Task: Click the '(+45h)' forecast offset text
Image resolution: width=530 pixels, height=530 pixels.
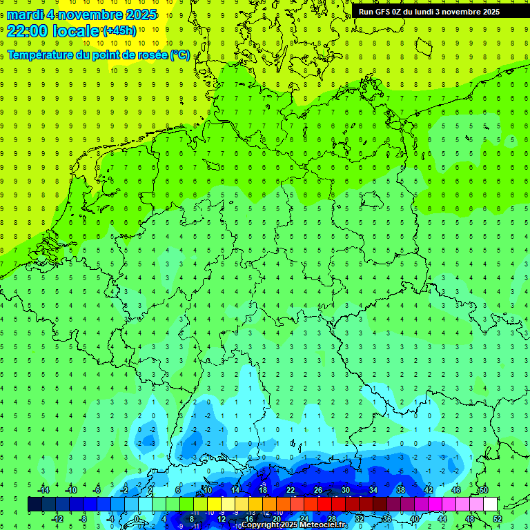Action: coord(119,31)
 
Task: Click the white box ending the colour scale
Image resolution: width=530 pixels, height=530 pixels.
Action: coord(490,504)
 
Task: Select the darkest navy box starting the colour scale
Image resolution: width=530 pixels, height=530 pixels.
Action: coord(35,504)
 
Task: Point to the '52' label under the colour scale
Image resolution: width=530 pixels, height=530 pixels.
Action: coord(497,519)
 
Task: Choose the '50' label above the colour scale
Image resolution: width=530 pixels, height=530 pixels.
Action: coord(483,490)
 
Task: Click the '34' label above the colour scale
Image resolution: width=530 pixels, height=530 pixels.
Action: coord(373,490)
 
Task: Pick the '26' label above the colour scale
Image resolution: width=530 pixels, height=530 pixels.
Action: coord(317,490)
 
